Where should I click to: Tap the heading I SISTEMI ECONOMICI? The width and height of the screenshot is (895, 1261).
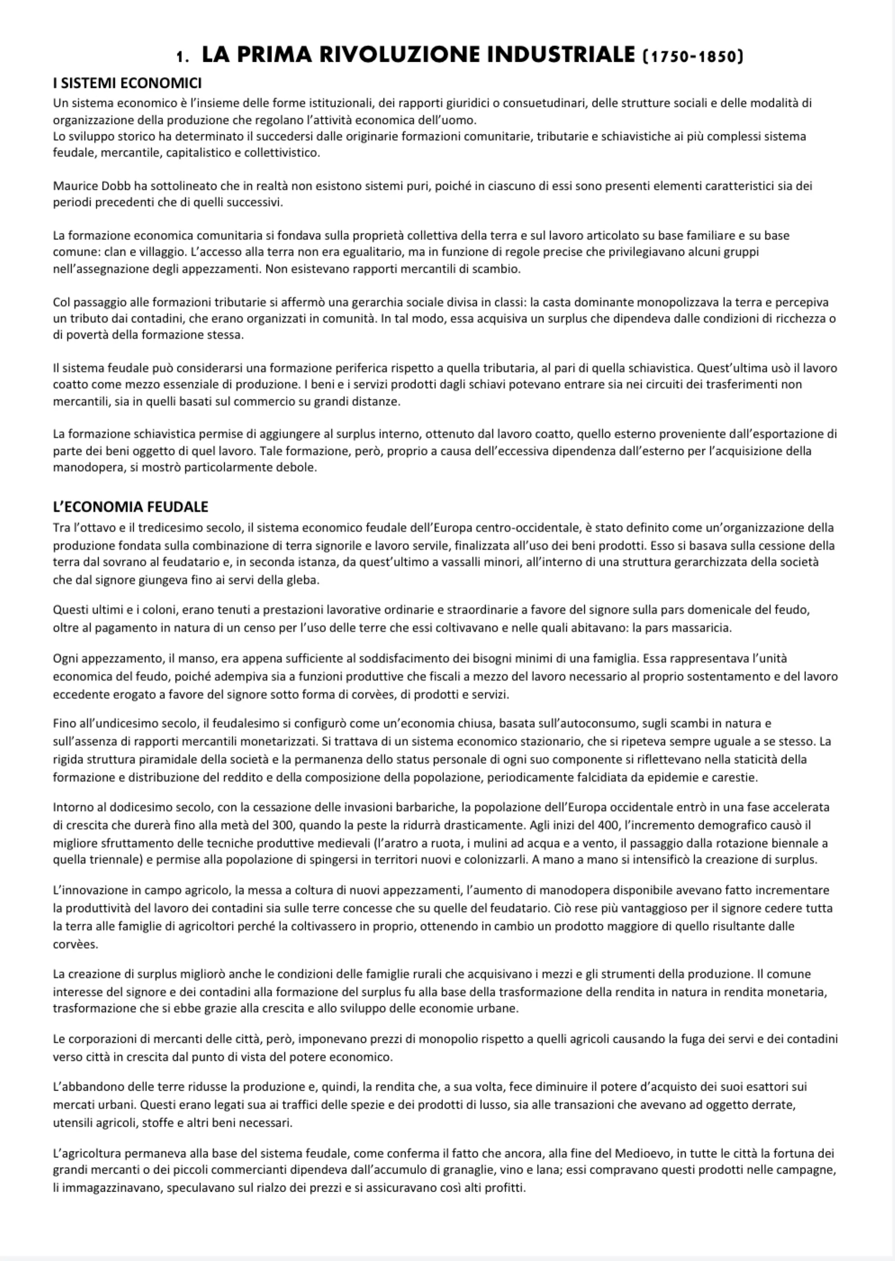(x=127, y=83)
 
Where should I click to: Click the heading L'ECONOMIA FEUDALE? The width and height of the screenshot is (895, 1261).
(x=131, y=507)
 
